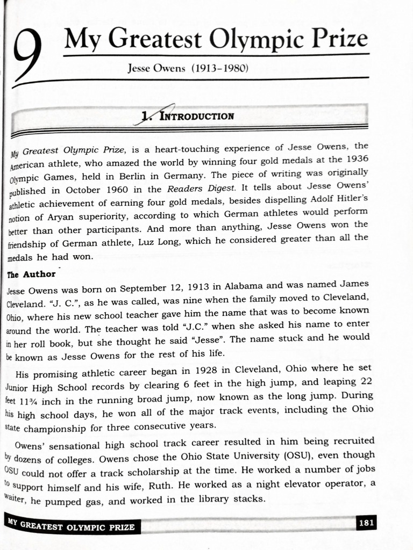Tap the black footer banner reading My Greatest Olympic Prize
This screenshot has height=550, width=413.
point(72,526)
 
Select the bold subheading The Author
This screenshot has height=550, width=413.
point(31,274)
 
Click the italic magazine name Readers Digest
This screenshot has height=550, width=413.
point(201,189)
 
